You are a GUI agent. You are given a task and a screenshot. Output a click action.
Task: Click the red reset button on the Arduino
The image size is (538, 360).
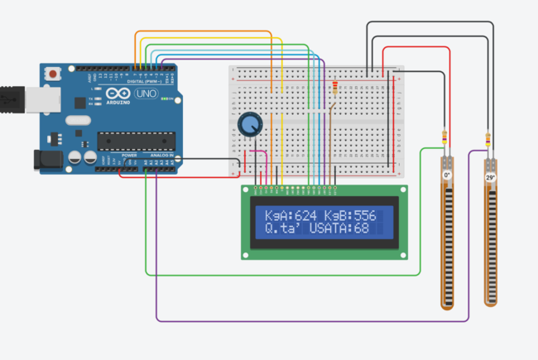(x=54, y=74)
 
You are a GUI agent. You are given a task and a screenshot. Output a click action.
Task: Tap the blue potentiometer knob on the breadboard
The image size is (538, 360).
(x=248, y=126)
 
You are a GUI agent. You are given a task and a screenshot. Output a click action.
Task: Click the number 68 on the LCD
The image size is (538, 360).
(x=361, y=228)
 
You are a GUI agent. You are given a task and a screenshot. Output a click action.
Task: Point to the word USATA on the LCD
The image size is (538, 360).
(x=331, y=228)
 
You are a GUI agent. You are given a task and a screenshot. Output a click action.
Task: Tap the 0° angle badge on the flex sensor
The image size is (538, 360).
(x=447, y=175)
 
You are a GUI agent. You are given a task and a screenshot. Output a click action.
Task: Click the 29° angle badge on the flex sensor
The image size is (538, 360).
(x=490, y=177)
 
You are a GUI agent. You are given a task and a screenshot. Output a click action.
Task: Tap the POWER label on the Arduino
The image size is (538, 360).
(x=130, y=156)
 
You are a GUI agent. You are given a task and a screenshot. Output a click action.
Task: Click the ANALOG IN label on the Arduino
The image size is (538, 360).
(x=161, y=156)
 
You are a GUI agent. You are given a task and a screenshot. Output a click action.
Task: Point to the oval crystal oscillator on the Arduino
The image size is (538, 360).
(x=75, y=121)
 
